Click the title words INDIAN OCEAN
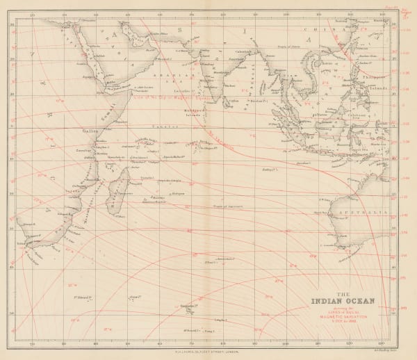(343, 302)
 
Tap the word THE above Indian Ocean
(343, 293)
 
